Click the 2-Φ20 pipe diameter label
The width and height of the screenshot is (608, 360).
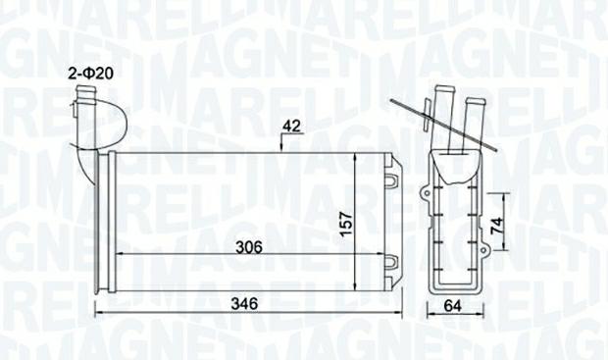(x=91, y=74)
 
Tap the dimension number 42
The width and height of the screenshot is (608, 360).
(x=291, y=127)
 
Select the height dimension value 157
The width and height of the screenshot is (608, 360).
(x=345, y=223)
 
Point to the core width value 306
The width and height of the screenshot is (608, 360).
(x=250, y=247)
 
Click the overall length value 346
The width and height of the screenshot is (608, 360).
(x=244, y=303)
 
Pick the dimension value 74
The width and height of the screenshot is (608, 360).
(x=497, y=225)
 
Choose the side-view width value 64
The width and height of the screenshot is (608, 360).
(x=452, y=306)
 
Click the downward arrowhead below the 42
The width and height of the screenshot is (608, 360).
(x=281, y=146)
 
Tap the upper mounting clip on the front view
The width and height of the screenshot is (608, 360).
(x=392, y=180)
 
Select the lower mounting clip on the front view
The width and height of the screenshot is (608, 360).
(x=392, y=262)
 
